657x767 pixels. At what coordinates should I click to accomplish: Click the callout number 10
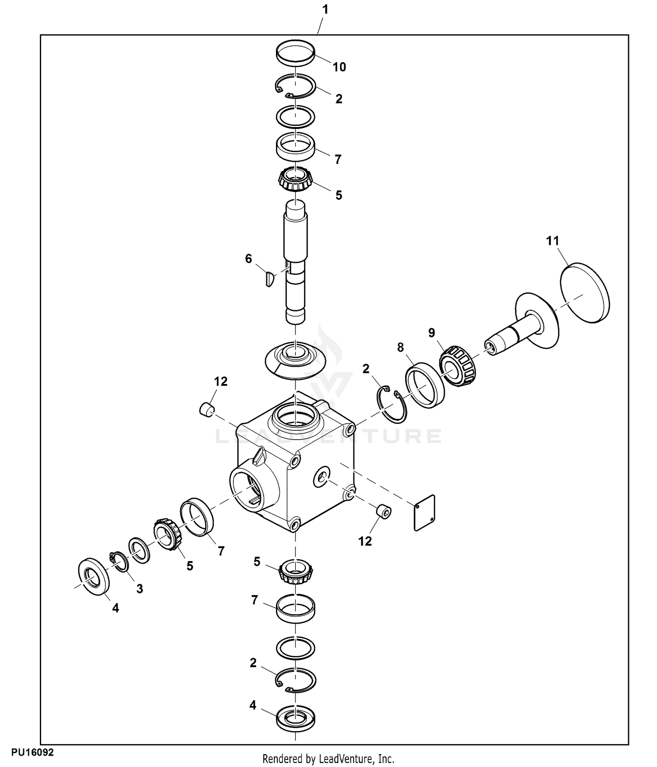339,67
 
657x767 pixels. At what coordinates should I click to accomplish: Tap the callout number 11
553,241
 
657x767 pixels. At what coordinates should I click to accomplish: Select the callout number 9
432,333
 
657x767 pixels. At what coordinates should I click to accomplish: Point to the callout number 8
400,348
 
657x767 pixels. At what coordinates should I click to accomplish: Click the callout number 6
249,259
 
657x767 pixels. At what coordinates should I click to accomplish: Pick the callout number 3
139,589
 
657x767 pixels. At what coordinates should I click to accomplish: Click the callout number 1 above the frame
325,10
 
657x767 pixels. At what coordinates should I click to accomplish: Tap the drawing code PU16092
32,753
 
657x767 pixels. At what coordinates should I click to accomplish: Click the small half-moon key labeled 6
270,279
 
